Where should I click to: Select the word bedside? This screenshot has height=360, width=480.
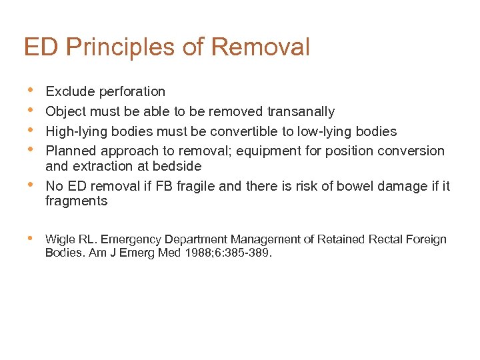coord(178,166)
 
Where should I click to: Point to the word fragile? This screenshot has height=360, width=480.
coord(194,186)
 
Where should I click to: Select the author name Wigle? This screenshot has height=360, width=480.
coord(59,239)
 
